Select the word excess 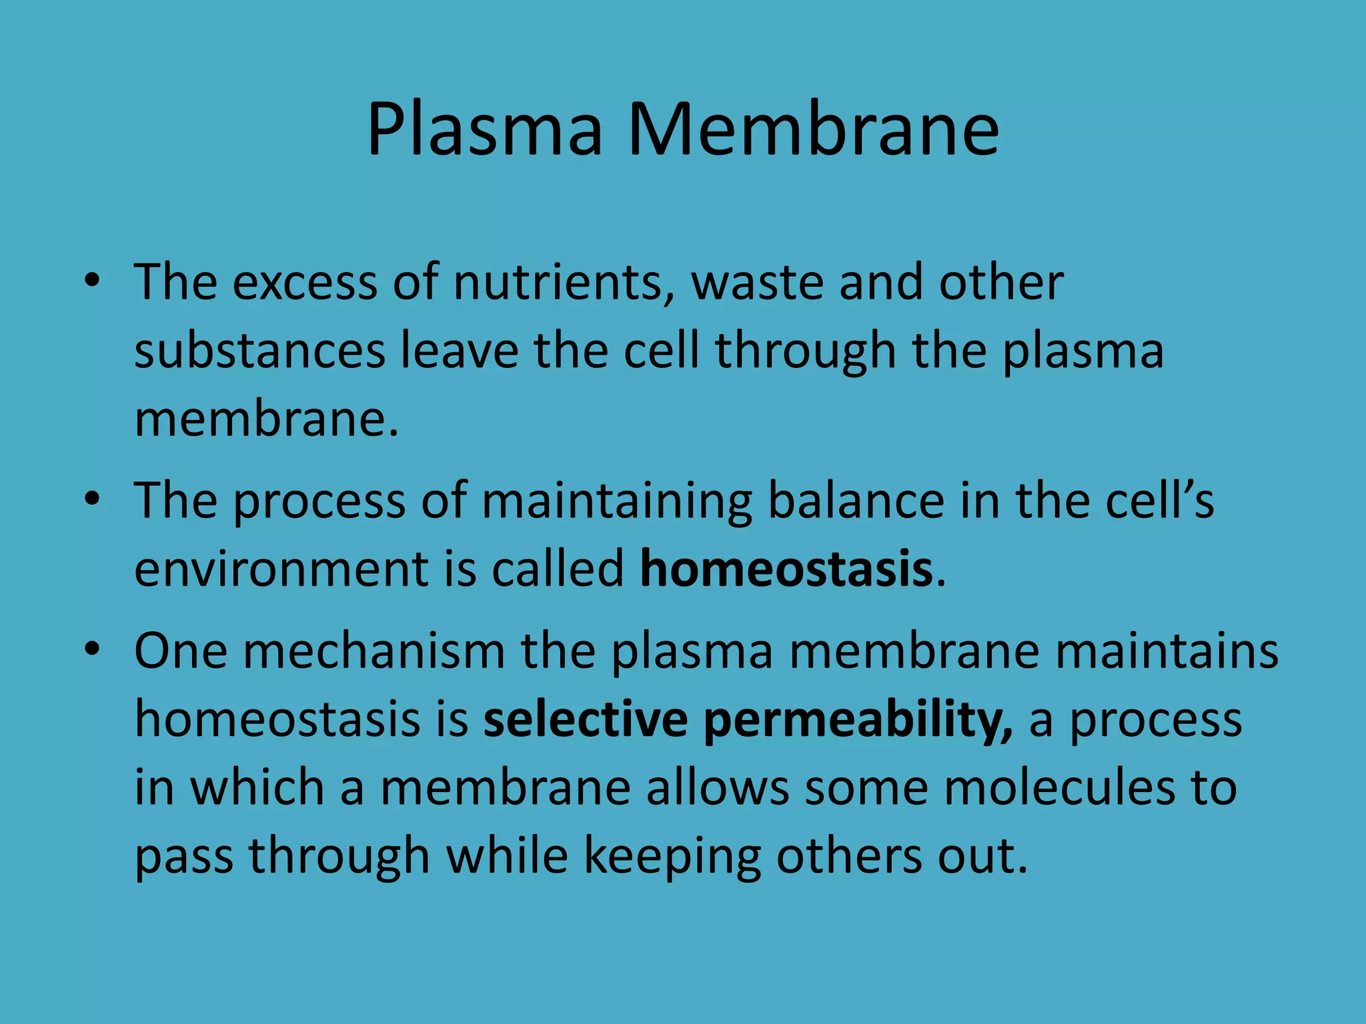[x=305, y=283]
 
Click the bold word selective [x=585, y=719]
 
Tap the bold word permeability [x=858, y=721]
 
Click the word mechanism [x=374, y=651]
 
